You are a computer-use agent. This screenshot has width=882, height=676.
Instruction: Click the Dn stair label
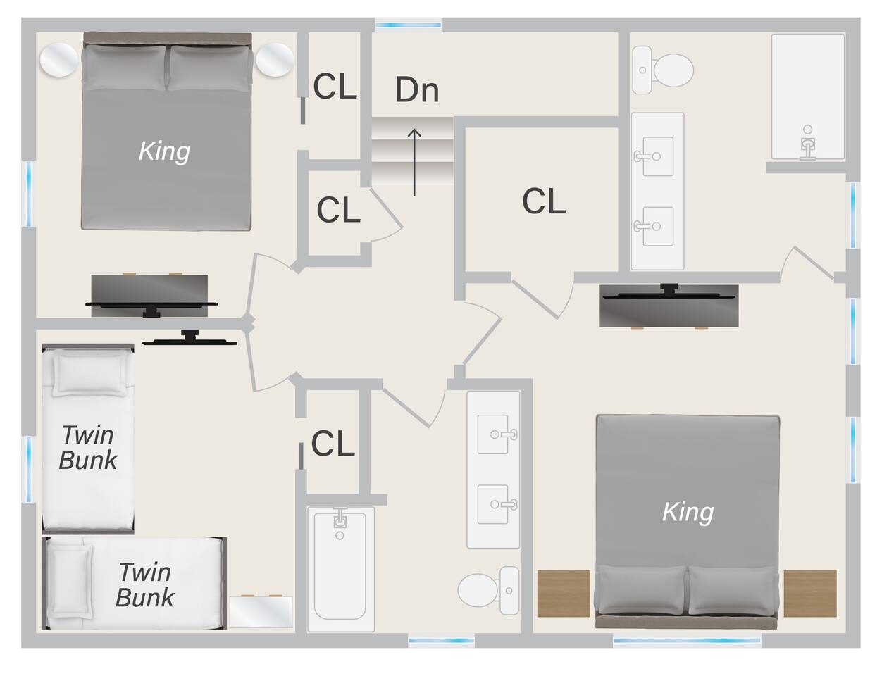(417, 89)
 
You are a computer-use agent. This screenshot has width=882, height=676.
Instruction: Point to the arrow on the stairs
(414, 162)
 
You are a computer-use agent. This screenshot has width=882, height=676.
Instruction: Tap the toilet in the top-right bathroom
(663, 70)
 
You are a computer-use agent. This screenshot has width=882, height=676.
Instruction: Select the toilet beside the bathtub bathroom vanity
(489, 590)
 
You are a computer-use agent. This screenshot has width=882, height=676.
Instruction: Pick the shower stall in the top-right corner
(808, 97)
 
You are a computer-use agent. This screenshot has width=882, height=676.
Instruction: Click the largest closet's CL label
(544, 201)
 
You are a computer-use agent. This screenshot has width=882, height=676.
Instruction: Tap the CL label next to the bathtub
(333, 443)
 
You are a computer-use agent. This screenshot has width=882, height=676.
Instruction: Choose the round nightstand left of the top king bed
(59, 60)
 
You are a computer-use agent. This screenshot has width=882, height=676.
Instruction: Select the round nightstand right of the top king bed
(275, 60)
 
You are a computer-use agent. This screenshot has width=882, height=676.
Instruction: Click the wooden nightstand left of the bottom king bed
(564, 594)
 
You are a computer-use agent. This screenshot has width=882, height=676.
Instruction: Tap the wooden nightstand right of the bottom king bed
(810, 594)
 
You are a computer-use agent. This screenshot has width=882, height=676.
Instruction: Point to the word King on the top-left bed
(164, 151)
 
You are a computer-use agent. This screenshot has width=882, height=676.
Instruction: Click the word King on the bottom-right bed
(688, 512)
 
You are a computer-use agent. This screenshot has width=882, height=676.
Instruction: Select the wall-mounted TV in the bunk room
(190, 337)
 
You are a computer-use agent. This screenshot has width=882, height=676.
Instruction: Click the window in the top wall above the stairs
(408, 25)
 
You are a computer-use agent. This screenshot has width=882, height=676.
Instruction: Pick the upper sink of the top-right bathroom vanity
(657, 156)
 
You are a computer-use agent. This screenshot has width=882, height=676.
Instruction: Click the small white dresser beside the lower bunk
(261, 612)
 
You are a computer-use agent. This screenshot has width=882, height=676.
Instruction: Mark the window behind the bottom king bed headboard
(687, 641)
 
